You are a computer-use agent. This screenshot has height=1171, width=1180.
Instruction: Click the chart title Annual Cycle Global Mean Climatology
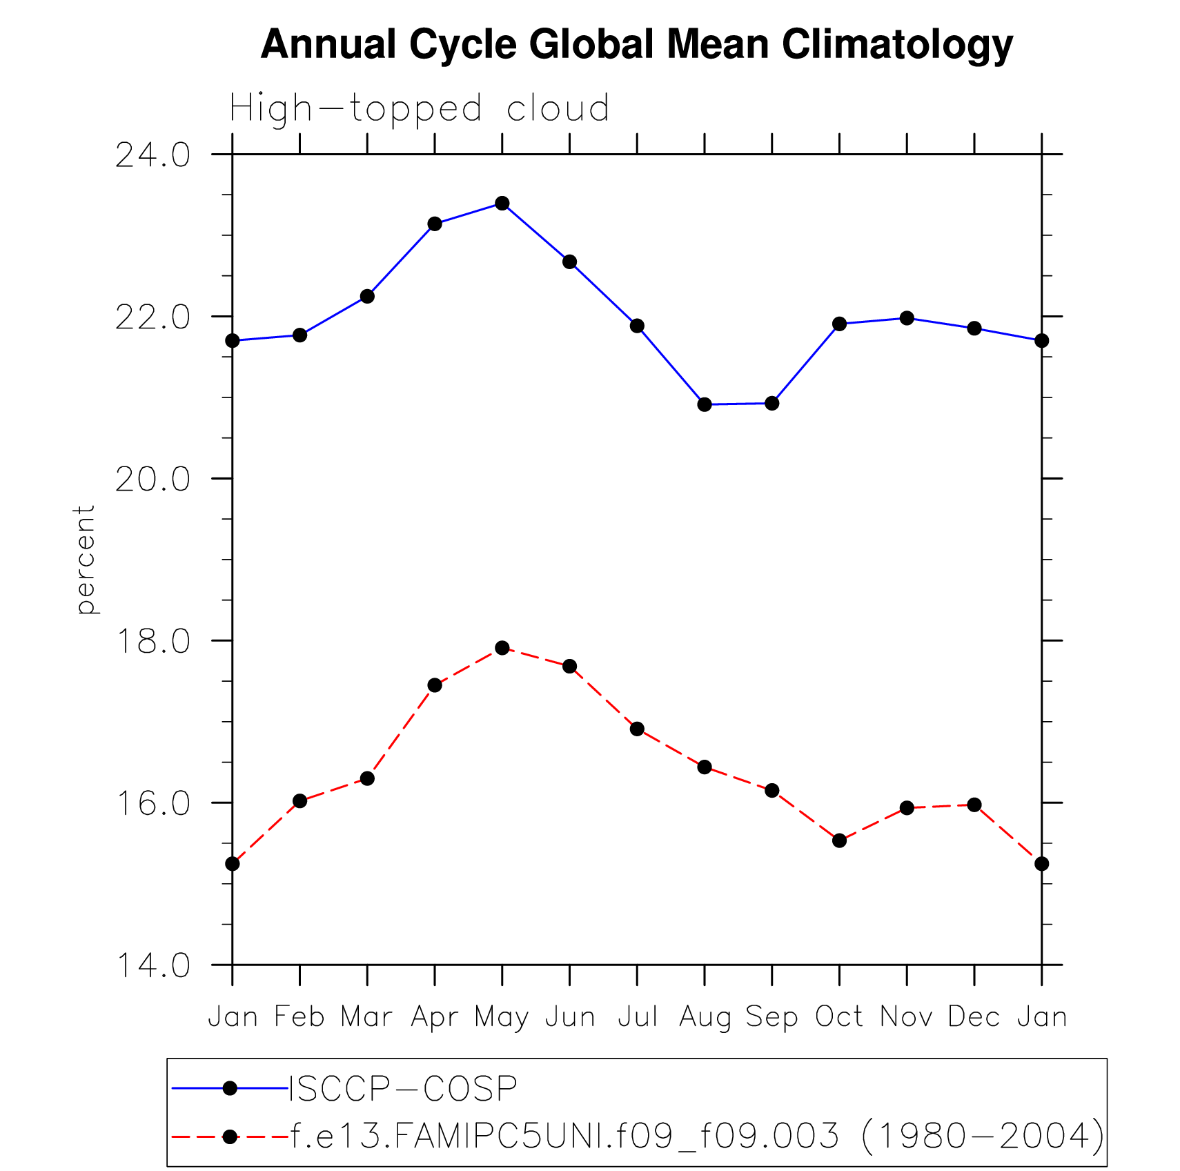[636, 45]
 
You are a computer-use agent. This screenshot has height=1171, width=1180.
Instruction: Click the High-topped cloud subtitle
[420, 109]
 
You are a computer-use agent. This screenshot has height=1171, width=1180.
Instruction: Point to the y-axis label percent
[84, 559]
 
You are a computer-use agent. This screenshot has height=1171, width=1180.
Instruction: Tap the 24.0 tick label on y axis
[153, 155]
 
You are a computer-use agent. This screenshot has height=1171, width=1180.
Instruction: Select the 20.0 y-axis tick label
[153, 479]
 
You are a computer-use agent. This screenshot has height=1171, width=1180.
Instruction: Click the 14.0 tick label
[153, 965]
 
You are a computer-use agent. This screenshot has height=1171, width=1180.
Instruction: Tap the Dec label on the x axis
[974, 1017]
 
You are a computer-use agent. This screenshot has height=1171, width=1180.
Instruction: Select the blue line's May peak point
[502, 203]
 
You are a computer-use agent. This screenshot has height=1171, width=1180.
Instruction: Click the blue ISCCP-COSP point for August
[705, 404]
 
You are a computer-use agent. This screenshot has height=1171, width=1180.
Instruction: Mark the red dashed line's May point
[502, 648]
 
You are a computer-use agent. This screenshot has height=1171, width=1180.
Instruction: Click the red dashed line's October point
[839, 840]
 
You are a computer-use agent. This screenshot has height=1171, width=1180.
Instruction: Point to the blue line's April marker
[435, 224]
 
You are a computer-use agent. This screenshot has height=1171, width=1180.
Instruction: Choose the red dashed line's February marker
[299, 801]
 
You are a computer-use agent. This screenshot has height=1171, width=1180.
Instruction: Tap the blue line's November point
[907, 318]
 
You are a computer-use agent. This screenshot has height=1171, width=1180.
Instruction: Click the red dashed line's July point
[637, 729]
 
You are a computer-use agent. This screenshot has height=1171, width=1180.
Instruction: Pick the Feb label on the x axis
[299, 1017]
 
